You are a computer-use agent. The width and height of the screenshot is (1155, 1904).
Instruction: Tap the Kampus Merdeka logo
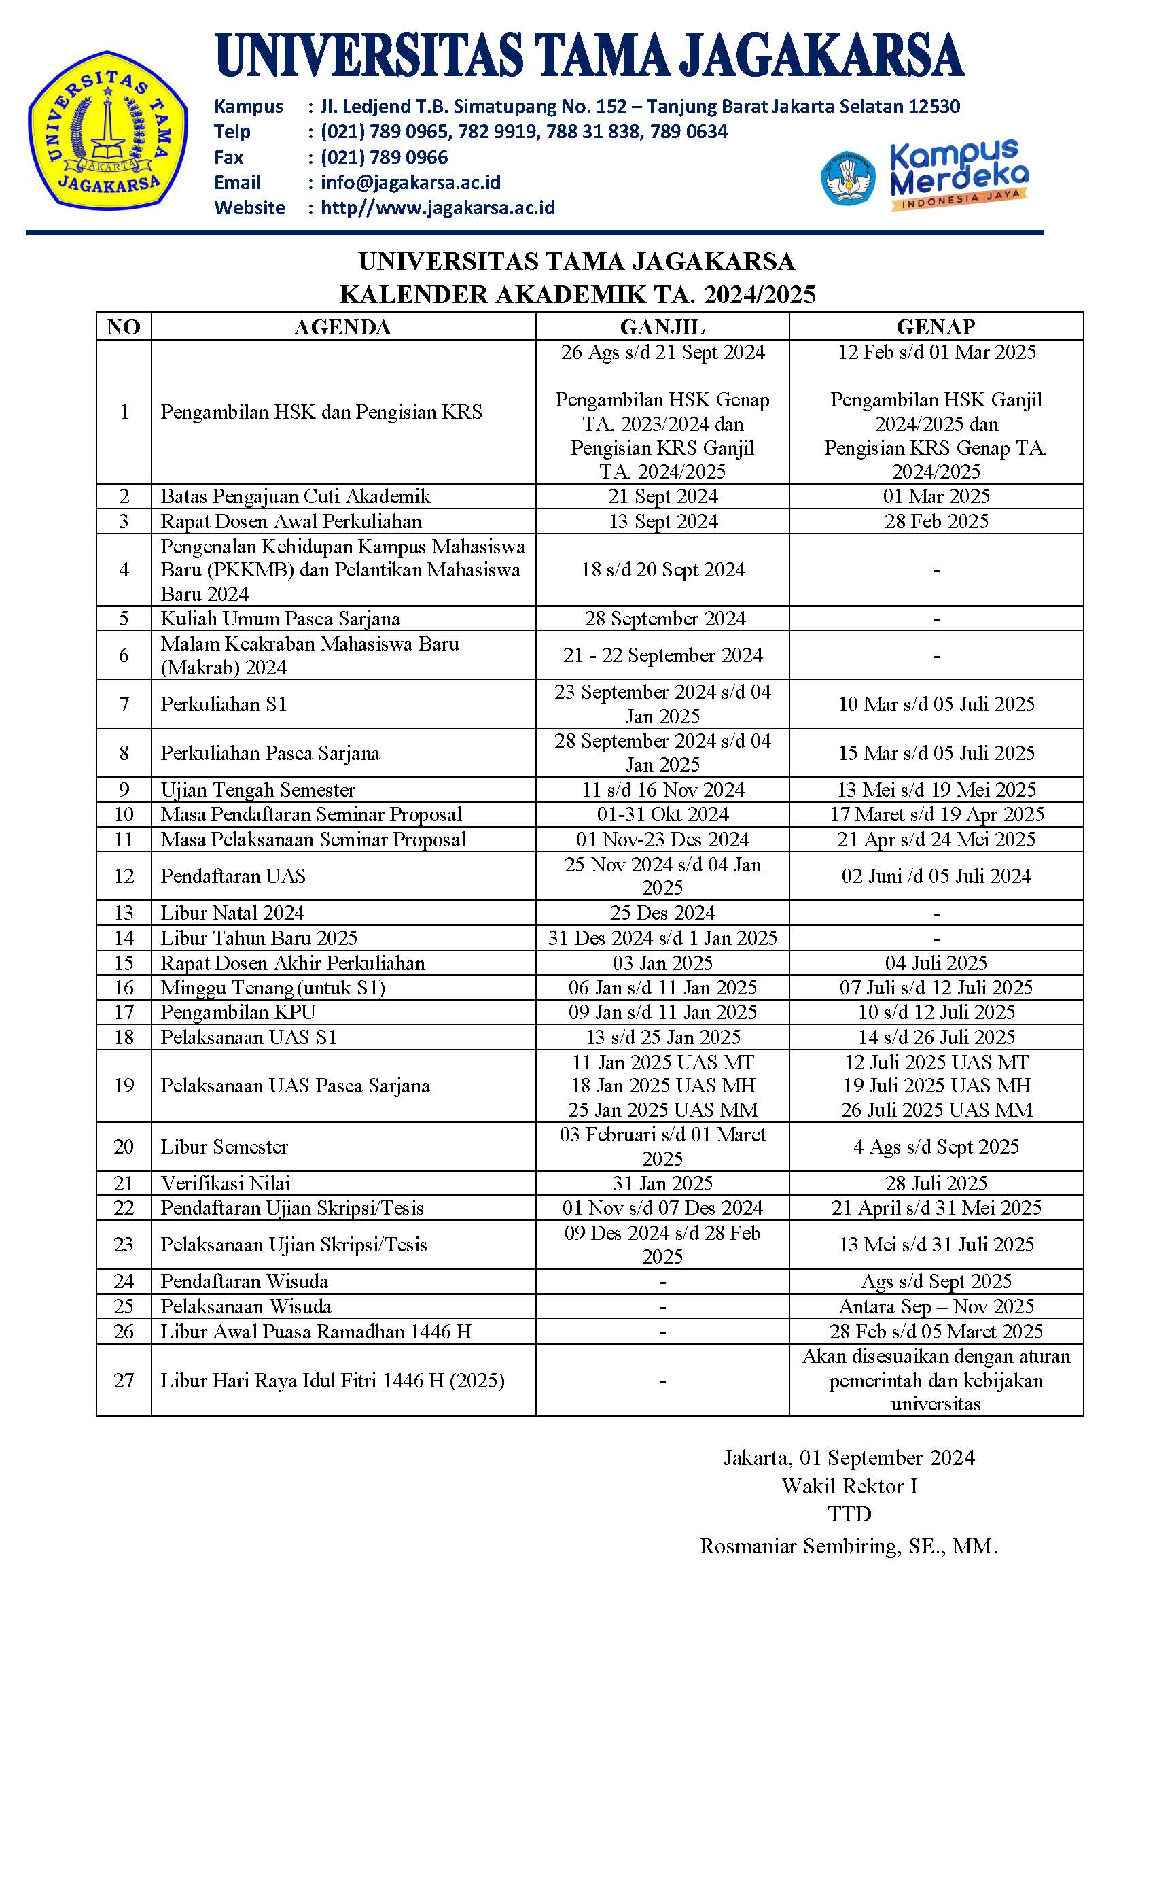[924, 176]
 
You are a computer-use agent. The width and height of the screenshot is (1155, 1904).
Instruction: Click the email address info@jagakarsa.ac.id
[410, 182]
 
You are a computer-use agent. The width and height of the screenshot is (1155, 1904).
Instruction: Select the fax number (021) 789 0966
[384, 157]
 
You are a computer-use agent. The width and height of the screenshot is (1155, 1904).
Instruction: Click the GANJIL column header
[662, 326]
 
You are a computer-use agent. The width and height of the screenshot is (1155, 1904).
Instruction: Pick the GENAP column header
[936, 326]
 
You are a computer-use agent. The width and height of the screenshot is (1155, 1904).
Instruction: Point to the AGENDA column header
[342, 326]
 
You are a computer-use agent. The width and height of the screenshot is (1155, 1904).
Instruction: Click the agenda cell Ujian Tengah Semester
[258, 789]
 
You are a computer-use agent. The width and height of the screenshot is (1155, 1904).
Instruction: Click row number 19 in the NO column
[124, 1085]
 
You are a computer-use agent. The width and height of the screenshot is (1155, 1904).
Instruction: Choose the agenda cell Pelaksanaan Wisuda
[246, 1306]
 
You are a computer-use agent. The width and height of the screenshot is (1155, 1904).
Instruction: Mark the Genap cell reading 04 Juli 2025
[936, 962]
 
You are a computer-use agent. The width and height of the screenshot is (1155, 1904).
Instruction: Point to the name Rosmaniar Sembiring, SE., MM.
[849, 1546]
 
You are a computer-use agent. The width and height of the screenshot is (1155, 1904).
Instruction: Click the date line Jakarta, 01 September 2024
[849, 1457]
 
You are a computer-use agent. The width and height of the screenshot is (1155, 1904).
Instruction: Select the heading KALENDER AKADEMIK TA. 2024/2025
[577, 294]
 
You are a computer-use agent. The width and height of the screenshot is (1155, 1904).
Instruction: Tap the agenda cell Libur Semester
[224, 1146]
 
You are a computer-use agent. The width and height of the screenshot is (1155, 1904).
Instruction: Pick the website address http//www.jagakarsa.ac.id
[438, 207]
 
